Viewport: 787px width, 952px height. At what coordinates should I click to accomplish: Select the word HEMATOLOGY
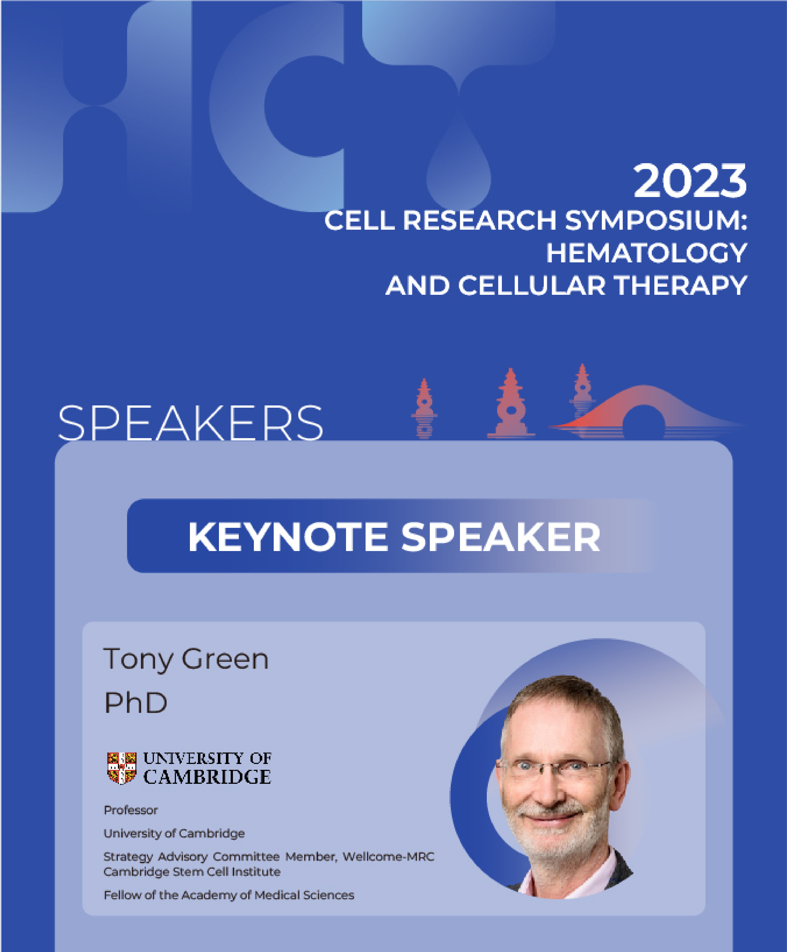(x=647, y=253)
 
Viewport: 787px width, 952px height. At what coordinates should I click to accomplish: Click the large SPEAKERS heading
(x=190, y=423)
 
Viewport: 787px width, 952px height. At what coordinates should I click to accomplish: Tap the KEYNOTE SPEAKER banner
(x=393, y=536)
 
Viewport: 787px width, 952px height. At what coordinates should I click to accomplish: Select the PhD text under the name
(x=135, y=703)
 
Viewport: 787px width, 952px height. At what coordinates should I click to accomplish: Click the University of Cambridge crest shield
(x=121, y=768)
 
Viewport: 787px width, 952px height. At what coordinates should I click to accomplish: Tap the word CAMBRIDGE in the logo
(x=207, y=777)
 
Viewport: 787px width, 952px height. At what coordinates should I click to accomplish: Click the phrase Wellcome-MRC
(x=388, y=856)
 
